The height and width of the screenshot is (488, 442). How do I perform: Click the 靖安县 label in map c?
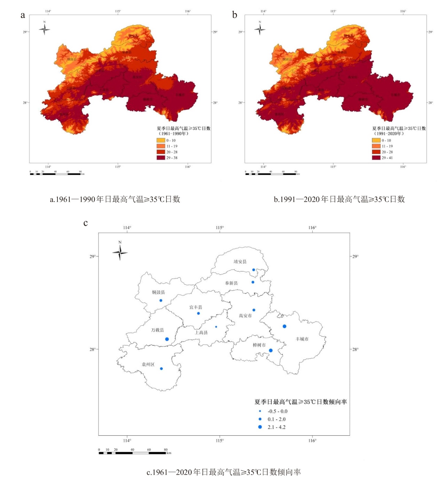click(240, 261)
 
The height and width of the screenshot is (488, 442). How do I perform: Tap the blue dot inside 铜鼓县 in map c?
click(161, 300)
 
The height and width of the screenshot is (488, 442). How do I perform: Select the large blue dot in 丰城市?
click(285, 326)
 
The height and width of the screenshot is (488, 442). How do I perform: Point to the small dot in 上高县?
click(216, 327)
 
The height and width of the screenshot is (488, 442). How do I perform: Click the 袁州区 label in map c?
click(148, 364)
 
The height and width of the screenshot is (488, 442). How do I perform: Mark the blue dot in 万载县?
click(167, 339)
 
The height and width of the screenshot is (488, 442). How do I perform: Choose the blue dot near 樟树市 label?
click(271, 350)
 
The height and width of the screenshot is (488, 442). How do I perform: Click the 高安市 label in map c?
click(245, 315)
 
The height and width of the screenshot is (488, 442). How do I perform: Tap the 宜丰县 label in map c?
click(195, 307)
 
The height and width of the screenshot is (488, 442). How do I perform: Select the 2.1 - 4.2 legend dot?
click(260, 427)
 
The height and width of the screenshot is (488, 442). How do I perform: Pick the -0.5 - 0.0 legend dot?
click(260, 411)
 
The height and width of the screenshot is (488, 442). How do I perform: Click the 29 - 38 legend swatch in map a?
click(161, 158)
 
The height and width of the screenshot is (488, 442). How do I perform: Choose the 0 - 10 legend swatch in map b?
click(376, 140)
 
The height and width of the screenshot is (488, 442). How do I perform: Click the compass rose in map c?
click(120, 252)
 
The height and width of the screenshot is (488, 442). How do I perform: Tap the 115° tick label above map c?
click(219, 228)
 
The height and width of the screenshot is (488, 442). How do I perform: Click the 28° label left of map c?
click(92, 349)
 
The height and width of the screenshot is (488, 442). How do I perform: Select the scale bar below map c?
click(132, 453)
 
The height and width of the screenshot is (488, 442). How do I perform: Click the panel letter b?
click(234, 15)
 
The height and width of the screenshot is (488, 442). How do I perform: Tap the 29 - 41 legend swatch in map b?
click(376, 158)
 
